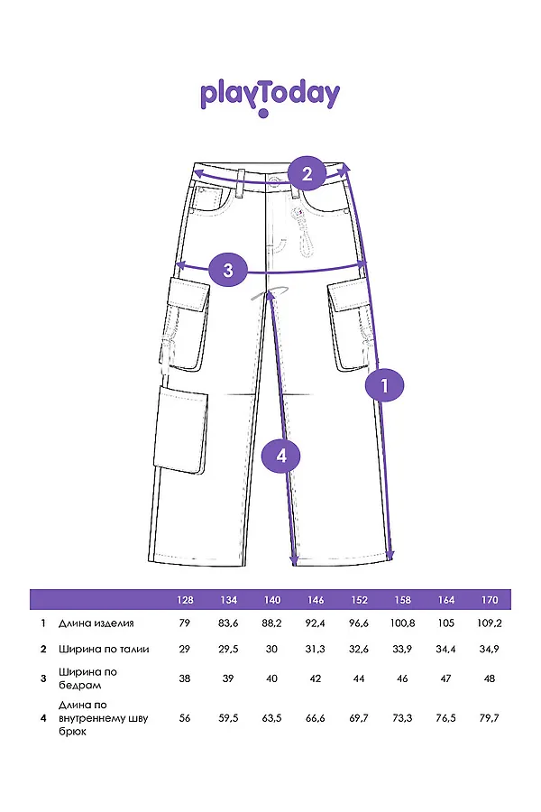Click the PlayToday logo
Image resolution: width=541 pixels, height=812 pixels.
click(x=270, y=96)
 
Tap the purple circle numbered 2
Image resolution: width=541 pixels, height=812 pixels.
click(x=307, y=173)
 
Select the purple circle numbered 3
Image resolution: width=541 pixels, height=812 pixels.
click(x=228, y=269)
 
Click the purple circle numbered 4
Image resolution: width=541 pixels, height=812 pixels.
click(x=280, y=457)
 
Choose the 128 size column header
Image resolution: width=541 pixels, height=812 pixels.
click(x=185, y=600)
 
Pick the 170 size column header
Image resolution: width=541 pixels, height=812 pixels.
click(x=490, y=600)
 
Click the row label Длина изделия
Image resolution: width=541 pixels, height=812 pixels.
click(x=96, y=623)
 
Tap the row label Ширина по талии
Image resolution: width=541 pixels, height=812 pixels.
click(x=103, y=649)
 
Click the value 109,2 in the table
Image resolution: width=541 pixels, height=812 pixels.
click(x=490, y=623)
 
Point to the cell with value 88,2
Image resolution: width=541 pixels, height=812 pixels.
click(x=271, y=623)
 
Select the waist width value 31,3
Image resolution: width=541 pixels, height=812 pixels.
click(x=316, y=649)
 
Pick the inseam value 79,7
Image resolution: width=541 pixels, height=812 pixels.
click(x=490, y=718)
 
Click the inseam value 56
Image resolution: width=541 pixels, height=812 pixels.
click(x=185, y=718)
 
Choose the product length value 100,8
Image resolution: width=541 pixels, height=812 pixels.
click(x=402, y=623)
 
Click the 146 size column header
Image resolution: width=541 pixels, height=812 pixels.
click(x=316, y=600)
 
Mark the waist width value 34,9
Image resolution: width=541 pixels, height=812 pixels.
click(x=490, y=649)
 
